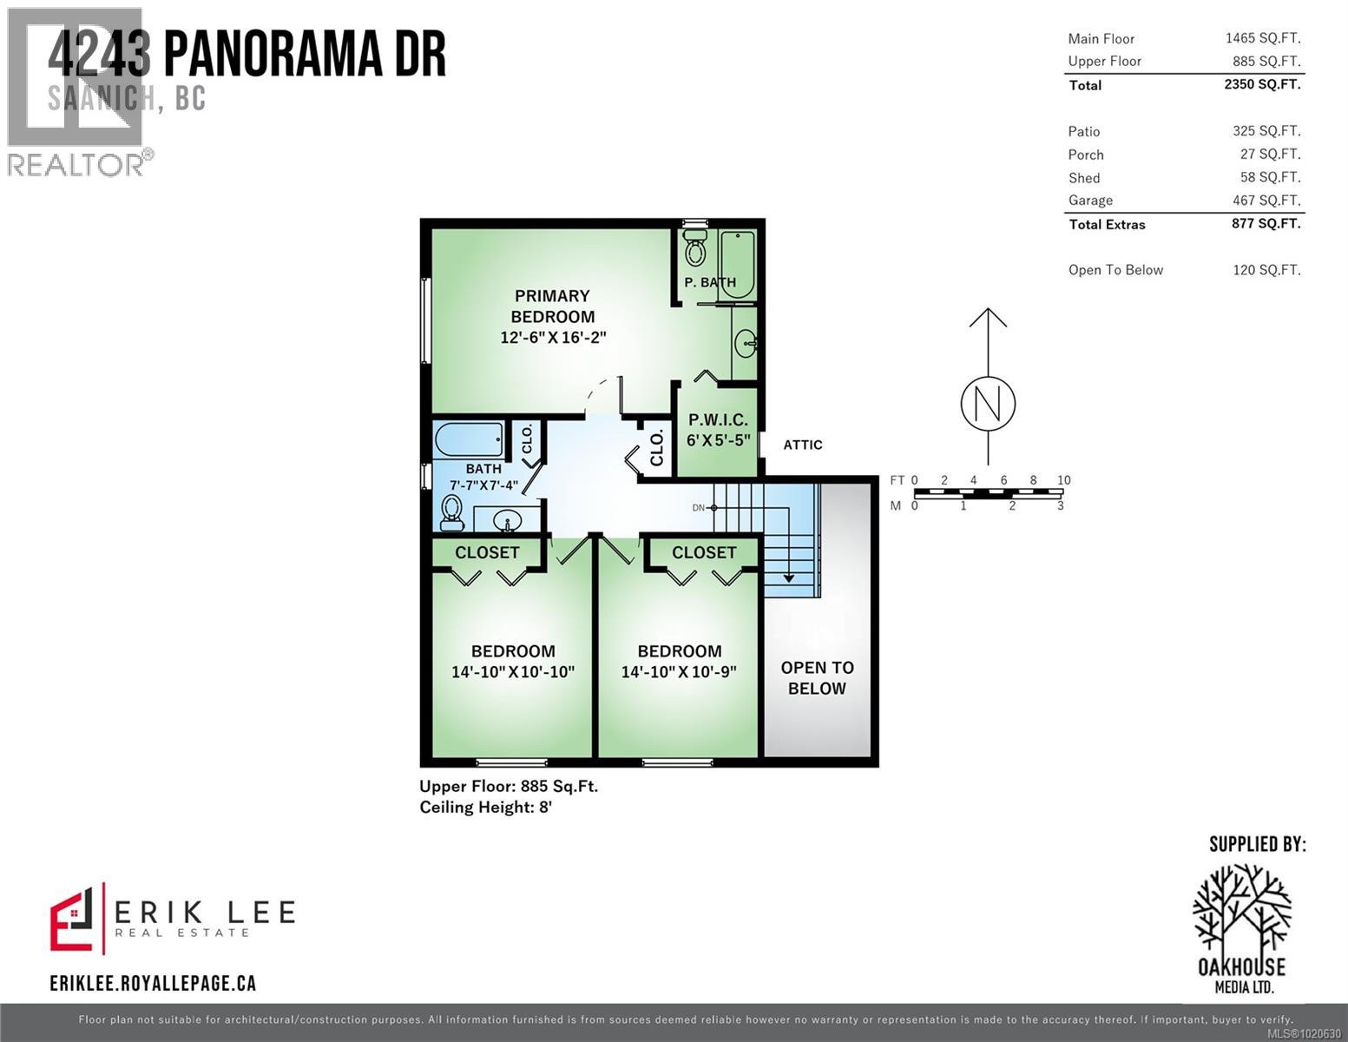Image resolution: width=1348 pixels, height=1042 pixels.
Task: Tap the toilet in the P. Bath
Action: click(695, 249)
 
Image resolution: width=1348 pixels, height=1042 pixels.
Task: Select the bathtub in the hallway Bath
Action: click(468, 440)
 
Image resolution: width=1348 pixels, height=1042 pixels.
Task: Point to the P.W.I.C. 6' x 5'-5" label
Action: click(718, 430)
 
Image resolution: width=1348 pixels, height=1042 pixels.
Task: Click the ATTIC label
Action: click(803, 445)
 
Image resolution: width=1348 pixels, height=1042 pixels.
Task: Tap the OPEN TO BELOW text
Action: click(817, 678)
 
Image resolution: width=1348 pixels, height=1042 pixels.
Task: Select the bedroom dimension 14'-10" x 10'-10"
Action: click(513, 672)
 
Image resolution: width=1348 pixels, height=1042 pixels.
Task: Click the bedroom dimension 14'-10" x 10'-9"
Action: click(679, 672)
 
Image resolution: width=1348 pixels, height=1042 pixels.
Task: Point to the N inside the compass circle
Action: click(988, 404)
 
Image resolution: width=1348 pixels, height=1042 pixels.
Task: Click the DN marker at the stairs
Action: click(699, 508)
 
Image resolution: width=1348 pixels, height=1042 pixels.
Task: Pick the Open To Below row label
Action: click(1115, 270)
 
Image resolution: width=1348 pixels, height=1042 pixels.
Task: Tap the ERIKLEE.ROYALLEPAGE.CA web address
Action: click(153, 983)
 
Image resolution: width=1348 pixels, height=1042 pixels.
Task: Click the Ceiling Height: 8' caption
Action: click(485, 808)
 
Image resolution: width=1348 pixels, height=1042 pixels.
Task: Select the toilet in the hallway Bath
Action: click(451, 512)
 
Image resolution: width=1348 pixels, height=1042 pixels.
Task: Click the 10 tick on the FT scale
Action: click(1063, 480)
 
